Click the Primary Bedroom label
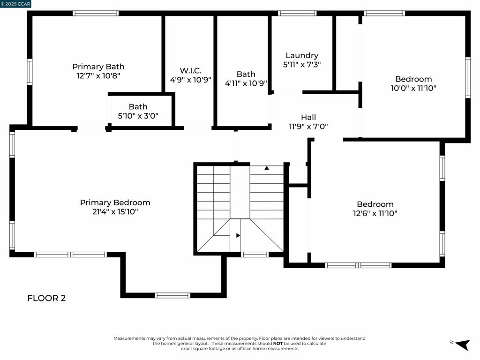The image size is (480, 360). tap(115, 202)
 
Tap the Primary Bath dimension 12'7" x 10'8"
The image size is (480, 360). tap(98, 75)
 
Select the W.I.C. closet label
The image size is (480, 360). tap(190, 71)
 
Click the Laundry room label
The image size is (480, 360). tap(302, 56)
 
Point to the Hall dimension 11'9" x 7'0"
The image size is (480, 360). tap(308, 126)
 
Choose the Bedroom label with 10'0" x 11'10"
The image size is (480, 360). tap(413, 79)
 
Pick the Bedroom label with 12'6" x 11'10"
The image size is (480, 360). tap(375, 204)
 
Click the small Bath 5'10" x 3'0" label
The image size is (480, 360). tap(138, 107)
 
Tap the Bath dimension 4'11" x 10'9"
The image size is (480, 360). tap(246, 83)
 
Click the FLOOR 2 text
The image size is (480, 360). tap(46, 298)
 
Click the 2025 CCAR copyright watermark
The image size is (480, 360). tap(16, 4)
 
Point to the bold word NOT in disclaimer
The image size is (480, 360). tap(278, 343)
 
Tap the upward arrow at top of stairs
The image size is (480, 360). tap(267, 168)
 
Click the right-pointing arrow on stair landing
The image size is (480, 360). tap(238, 235)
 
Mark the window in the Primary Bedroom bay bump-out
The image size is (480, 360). tap(172, 295)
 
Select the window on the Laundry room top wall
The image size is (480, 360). tap(297, 13)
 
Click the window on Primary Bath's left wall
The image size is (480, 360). tap(30, 72)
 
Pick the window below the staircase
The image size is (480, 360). tap(255, 255)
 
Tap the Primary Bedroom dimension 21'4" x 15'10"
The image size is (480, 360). tap(115, 212)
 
